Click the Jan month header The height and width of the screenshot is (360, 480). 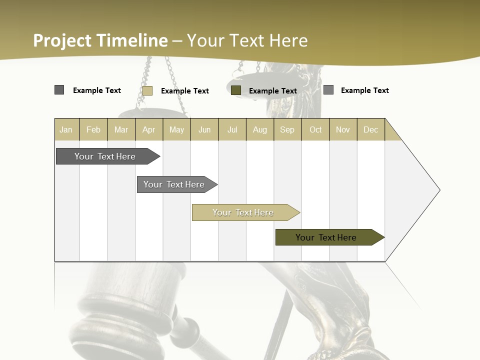[66, 129]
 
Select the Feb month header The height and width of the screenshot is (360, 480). [93, 129]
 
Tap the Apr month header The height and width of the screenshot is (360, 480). [149, 129]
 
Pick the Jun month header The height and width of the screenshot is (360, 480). [204, 129]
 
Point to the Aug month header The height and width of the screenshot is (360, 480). [260, 129]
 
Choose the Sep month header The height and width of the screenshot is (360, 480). [287, 129]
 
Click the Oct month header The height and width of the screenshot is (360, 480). [315, 129]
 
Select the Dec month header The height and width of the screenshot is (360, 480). [370, 129]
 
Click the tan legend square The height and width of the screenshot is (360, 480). [147, 90]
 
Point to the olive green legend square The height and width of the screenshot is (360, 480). [236, 90]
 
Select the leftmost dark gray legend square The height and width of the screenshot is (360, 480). [59, 90]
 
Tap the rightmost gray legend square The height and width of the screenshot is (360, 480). [328, 90]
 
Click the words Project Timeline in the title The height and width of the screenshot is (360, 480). [100, 40]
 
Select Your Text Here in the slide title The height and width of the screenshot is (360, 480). [247, 40]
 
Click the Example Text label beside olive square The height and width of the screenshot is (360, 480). [273, 90]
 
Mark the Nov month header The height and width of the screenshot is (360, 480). [343, 129]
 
